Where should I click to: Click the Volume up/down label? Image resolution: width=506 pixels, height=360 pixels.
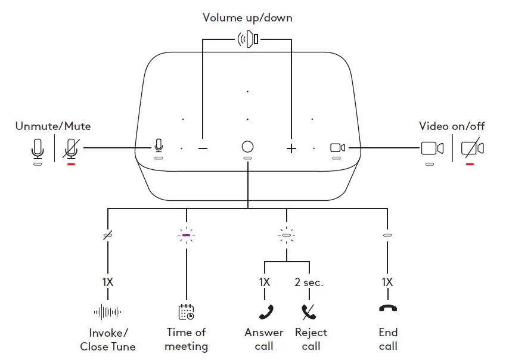pyautogui.click(x=247, y=18)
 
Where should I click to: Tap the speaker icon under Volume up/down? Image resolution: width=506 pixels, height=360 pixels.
pyautogui.click(x=247, y=40)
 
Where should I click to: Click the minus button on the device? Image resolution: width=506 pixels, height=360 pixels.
pyautogui.click(x=203, y=148)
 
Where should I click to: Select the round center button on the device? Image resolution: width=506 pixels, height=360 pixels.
pyautogui.click(x=247, y=147)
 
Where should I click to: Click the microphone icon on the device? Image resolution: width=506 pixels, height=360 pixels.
pyautogui.click(x=159, y=145)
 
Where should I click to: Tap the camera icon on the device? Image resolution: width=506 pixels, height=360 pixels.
pyautogui.click(x=337, y=147)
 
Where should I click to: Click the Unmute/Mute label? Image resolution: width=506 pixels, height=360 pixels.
pyautogui.click(x=53, y=126)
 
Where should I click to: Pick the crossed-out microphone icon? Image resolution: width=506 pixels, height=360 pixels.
pyautogui.click(x=72, y=148)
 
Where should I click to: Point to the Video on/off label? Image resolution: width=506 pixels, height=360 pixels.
pyautogui.click(x=452, y=126)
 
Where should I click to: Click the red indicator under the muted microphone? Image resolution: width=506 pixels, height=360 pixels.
pyautogui.click(x=72, y=164)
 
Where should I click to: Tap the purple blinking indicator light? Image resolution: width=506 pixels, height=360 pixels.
pyautogui.click(x=187, y=235)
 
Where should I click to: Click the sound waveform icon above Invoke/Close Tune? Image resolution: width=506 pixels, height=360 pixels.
pyautogui.click(x=108, y=311)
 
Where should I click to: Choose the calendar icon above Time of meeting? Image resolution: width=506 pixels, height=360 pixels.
pyautogui.click(x=187, y=311)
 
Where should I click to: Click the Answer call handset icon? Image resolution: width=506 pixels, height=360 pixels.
pyautogui.click(x=265, y=311)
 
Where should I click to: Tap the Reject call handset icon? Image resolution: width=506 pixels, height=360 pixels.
pyautogui.click(x=309, y=311)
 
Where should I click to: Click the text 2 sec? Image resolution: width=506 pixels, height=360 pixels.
pyautogui.click(x=309, y=283)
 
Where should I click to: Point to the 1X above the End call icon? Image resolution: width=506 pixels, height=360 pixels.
pyautogui.click(x=387, y=283)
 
